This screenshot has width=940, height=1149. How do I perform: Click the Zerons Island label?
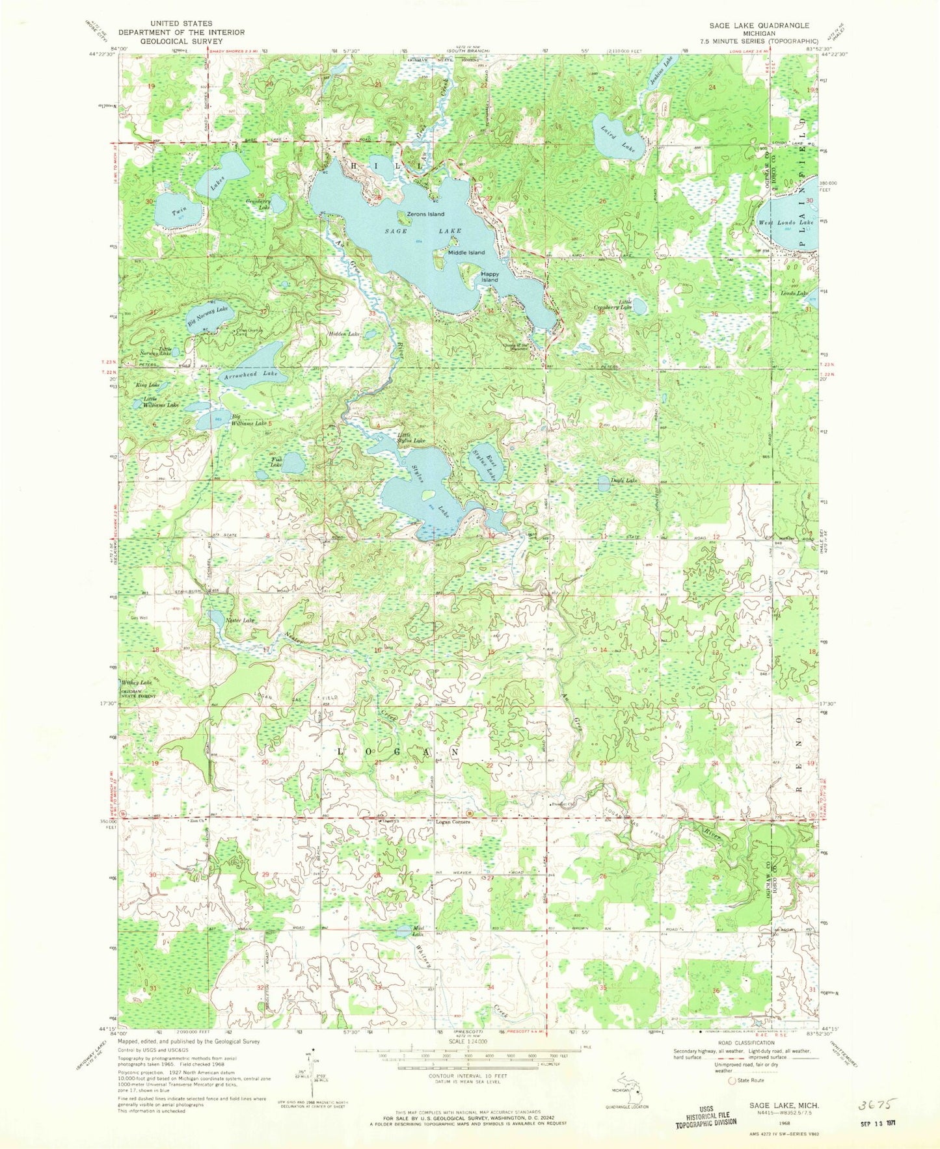point(425,214)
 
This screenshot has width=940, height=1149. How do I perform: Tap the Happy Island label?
point(490,277)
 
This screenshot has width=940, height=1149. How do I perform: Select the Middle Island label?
point(466,252)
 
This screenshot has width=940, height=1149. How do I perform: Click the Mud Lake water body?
point(404,931)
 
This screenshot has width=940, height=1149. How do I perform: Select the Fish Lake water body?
point(293,464)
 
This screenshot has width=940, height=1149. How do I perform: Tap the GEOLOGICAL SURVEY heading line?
point(181,40)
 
